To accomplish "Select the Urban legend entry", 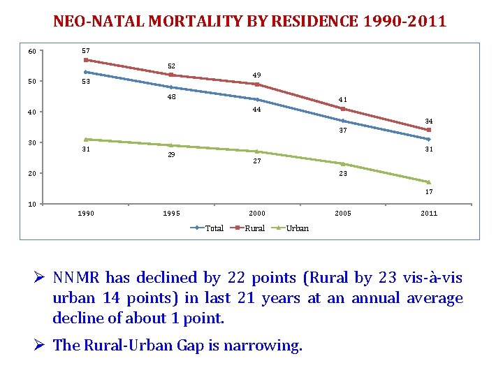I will (297, 228).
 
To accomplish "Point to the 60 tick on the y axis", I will (32, 52).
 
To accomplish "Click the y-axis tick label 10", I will (32, 204).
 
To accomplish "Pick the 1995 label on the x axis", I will (171, 214).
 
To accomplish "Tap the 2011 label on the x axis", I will (429, 214).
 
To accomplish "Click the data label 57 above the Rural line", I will (86, 50).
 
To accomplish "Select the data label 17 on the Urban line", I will (429, 192).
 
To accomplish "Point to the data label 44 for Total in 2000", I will (257, 110).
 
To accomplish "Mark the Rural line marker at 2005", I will (343, 109).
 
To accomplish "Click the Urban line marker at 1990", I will (86, 139).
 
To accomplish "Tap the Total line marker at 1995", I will (171, 87).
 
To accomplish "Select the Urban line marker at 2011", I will (429, 182).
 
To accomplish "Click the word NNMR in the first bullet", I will (78, 278).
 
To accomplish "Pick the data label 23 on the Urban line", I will (343, 173).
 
